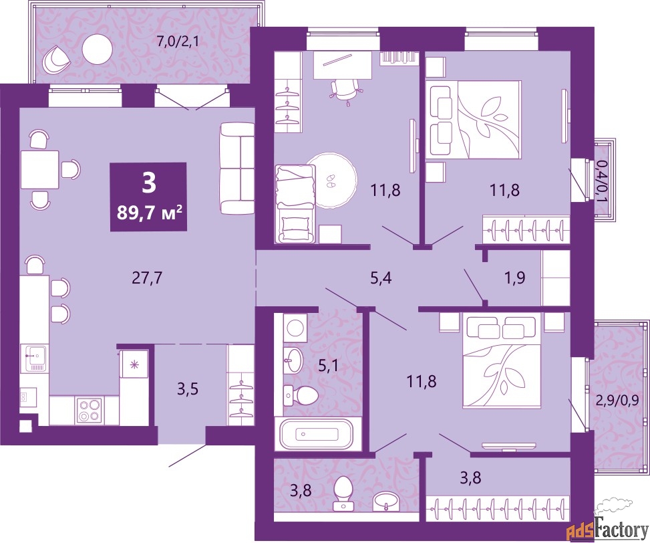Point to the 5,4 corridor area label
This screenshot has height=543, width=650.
(381, 278)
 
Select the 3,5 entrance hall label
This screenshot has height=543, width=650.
(188, 389)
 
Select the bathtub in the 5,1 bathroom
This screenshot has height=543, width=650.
(316, 434)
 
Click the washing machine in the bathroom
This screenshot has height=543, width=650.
(295, 328)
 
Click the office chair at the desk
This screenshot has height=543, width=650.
(344, 90)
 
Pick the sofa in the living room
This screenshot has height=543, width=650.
(236, 168)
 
